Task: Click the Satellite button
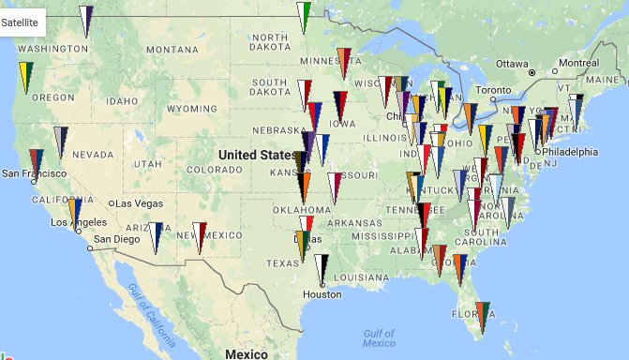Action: coord(21,22)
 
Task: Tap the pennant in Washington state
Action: coord(86,19)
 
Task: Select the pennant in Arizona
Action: coord(156,235)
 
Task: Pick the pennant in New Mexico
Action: coord(199,235)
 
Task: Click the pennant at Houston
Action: coord(322,268)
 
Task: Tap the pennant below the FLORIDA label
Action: coord(482,315)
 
